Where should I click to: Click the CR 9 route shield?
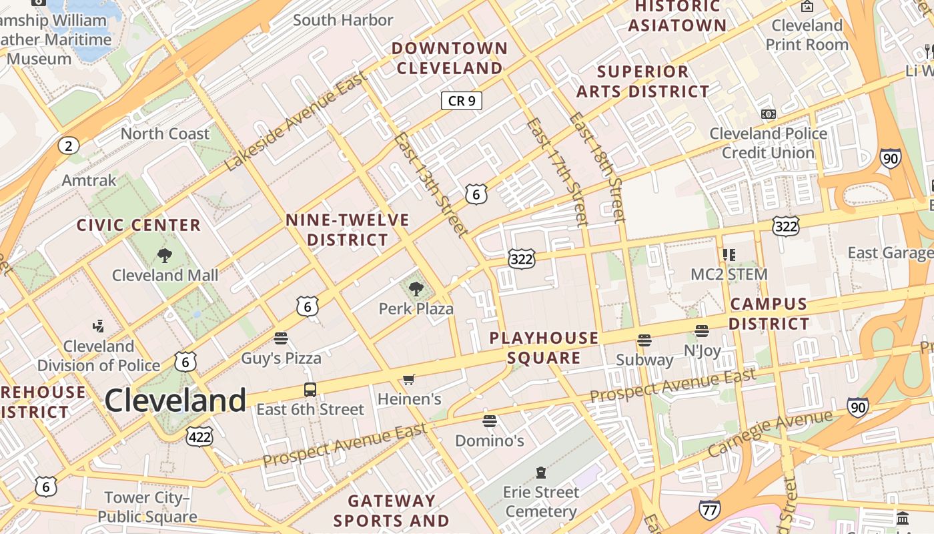(461, 101)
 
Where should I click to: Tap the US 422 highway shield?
(199, 437)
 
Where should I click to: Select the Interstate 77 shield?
(709, 510)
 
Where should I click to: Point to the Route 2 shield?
(68, 146)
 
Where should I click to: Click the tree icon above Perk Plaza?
(416, 289)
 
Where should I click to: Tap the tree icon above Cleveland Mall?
(164, 255)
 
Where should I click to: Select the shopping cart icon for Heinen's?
(409, 380)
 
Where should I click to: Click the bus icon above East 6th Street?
(310, 390)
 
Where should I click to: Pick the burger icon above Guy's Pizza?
(281, 338)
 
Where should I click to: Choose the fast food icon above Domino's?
(490, 421)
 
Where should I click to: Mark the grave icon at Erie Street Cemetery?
(541, 473)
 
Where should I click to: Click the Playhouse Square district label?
(544, 348)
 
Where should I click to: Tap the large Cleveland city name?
(175, 400)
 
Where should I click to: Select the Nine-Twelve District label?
(348, 230)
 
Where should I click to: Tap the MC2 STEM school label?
(729, 274)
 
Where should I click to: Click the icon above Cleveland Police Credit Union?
(769, 114)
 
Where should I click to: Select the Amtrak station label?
(89, 180)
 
